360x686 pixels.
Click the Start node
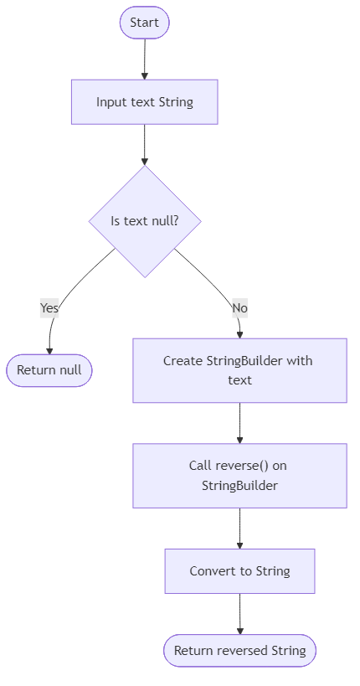[144, 23]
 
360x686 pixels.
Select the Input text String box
[144, 102]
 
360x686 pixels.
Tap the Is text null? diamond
[144, 221]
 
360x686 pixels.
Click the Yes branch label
[49, 308]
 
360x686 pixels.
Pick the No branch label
[239, 308]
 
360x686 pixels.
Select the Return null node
[49, 370]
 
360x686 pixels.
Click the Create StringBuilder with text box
[239, 370]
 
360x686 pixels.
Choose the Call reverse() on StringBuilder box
[239, 475]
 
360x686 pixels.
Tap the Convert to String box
[239, 571]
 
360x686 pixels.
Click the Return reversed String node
[239, 650]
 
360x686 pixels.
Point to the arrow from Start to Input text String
[144, 59]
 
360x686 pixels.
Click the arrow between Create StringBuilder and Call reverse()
[239, 423]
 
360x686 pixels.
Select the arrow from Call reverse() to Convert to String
[239, 528]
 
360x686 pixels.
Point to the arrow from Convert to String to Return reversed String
[239, 614]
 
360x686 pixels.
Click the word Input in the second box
[111, 102]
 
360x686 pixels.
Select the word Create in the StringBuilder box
[183, 361]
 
